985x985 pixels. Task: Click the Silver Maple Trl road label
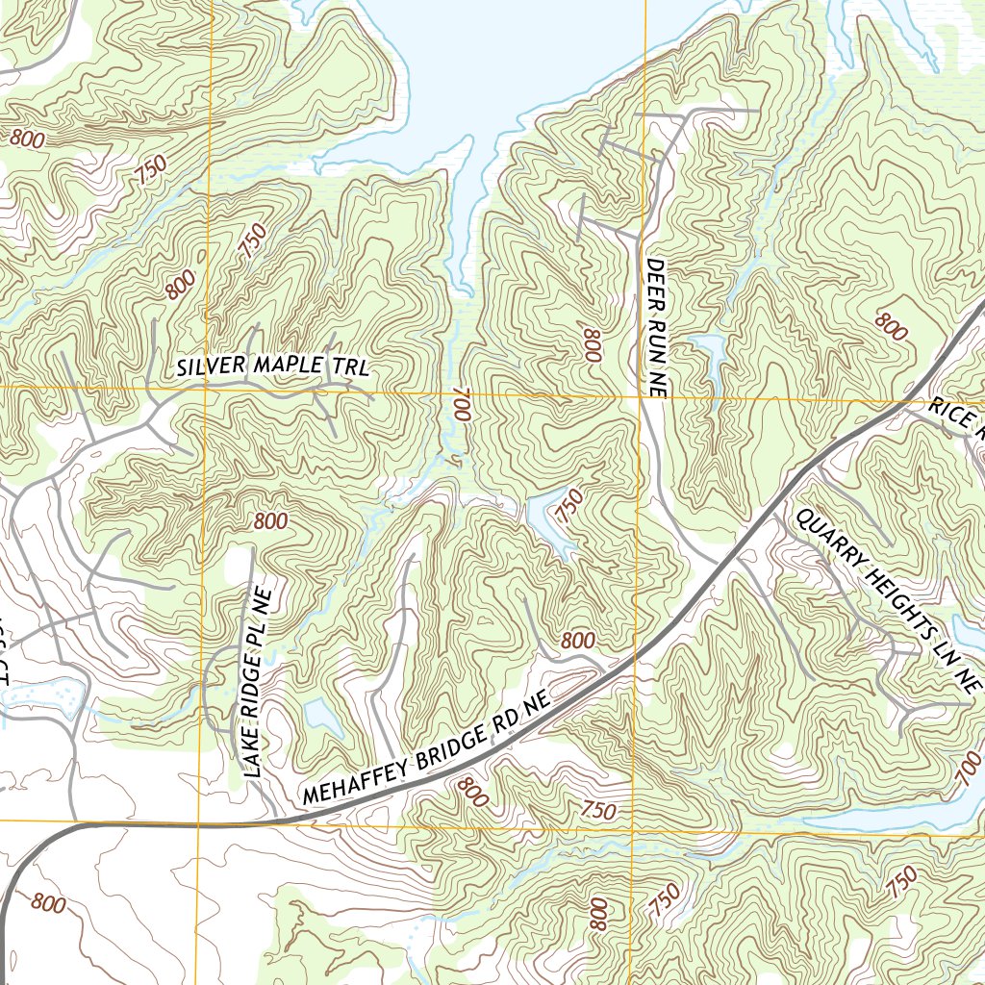tap(273, 366)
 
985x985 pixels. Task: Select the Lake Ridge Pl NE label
tap(257, 677)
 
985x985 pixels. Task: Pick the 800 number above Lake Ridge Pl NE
tap(270, 521)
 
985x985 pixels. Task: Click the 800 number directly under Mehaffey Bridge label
tap(470, 792)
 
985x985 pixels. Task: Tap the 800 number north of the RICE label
tap(892, 327)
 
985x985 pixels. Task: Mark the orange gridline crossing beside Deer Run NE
tap(641, 395)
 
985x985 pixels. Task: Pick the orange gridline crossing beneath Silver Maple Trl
tap(205, 388)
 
